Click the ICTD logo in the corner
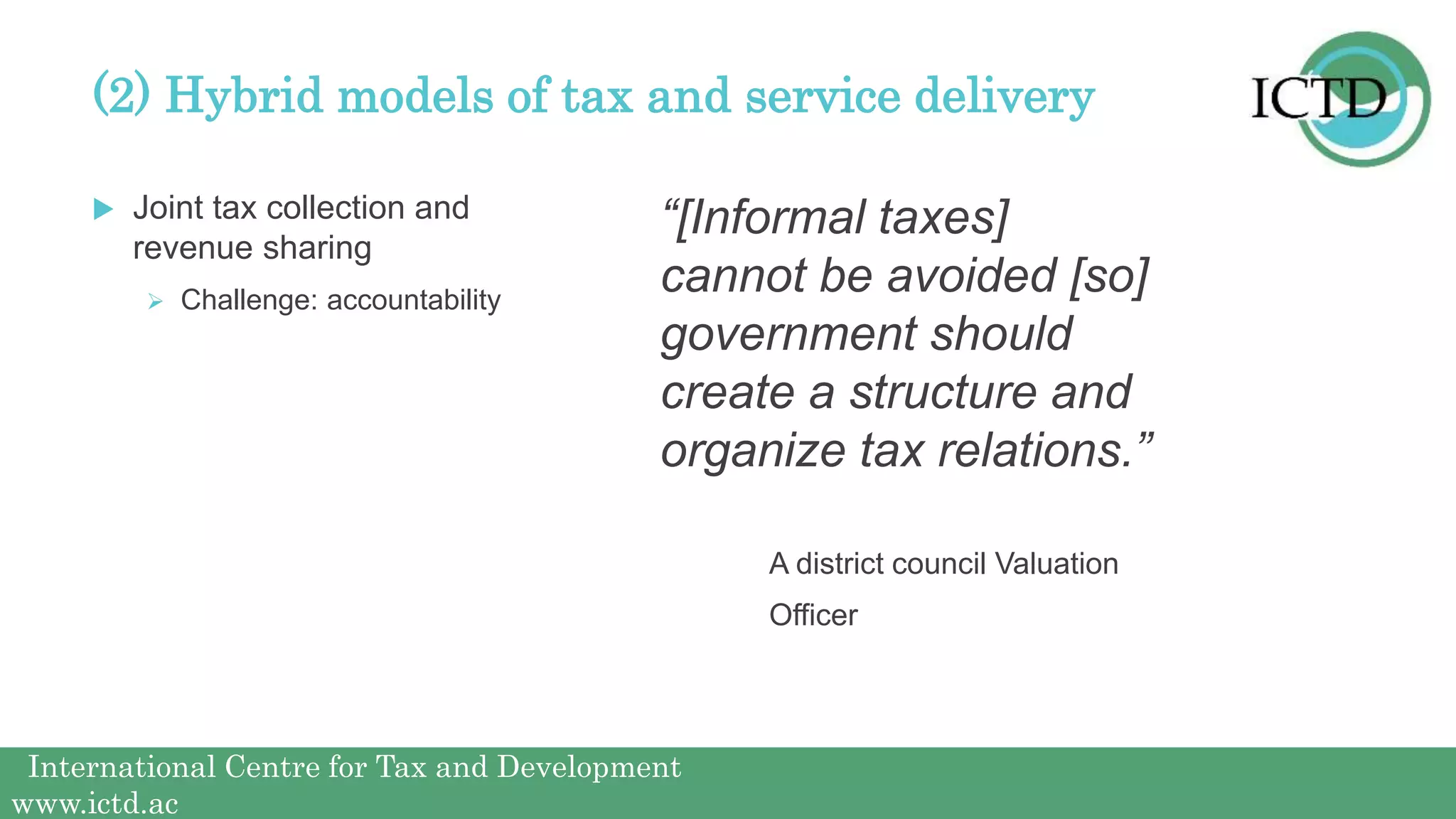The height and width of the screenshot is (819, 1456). tap(1341, 99)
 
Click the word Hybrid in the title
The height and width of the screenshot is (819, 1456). tap(244, 96)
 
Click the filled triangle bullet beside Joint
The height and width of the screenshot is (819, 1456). tap(103, 209)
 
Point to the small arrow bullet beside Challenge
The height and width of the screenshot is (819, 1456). tap(156, 301)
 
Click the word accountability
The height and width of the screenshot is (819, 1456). tap(413, 301)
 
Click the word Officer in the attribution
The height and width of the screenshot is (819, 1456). tap(813, 615)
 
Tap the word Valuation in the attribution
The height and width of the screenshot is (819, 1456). tap(1056, 564)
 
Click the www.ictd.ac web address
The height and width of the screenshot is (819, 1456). tap(95, 804)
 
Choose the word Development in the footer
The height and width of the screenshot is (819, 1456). tap(589, 767)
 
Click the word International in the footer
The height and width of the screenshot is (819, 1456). tap(122, 767)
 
